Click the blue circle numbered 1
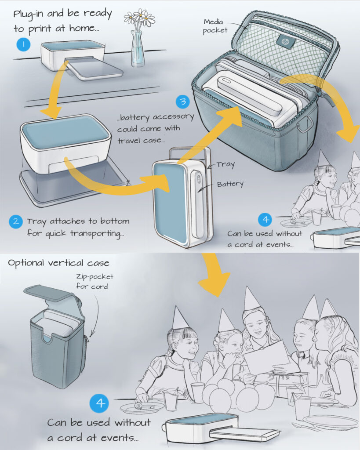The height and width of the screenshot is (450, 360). coord(23,44)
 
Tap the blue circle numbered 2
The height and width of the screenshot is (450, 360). coord(15,221)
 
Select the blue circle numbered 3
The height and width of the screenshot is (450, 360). coord(182,102)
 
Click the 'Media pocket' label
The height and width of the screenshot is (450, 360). coord(215,25)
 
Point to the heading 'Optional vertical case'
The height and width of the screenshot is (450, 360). coord(58,263)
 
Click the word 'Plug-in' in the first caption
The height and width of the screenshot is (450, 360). coord(32,14)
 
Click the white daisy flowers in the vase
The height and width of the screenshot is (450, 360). coord(140,18)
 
